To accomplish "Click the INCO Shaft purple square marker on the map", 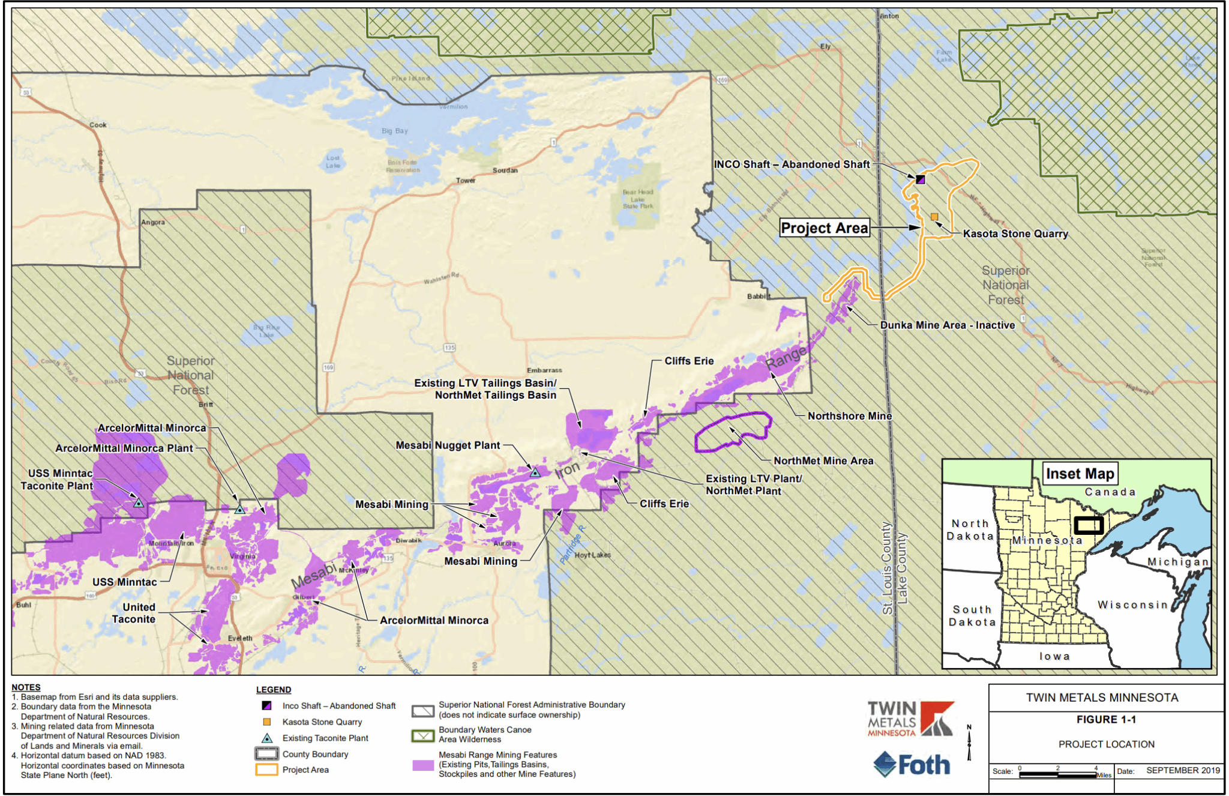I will [921, 179].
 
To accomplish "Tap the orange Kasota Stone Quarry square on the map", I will [934, 217].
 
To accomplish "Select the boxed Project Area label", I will [825, 228].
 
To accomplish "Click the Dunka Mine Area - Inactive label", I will [947, 325].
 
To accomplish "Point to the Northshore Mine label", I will [849, 416].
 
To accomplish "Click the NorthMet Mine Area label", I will [823, 461].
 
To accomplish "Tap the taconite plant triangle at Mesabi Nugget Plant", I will [535, 473].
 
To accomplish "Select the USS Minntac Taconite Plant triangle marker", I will [139, 503].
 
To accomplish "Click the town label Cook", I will [98, 125].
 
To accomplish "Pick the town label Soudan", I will [505, 170].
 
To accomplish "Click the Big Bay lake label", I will [394, 131].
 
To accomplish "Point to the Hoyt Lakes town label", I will [592, 555].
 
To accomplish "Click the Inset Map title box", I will [1080, 474].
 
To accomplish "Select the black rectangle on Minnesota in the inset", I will [1088, 525].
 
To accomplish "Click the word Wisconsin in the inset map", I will [1132, 605].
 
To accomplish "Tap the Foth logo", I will [912, 765].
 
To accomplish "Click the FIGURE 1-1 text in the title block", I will [1105, 720].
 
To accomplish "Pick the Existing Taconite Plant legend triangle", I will [267, 738].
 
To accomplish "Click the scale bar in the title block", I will [1057, 774].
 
